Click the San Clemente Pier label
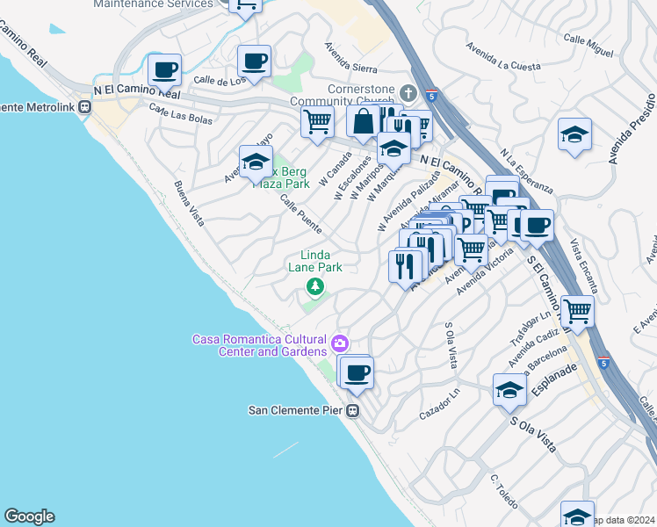[295, 410]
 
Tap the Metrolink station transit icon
[85, 107]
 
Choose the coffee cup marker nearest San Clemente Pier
[356, 372]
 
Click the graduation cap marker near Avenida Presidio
[574, 135]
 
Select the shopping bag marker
[363, 122]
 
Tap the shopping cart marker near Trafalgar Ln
[577, 312]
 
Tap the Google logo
[29, 516]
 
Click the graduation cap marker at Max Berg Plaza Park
[256, 162]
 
